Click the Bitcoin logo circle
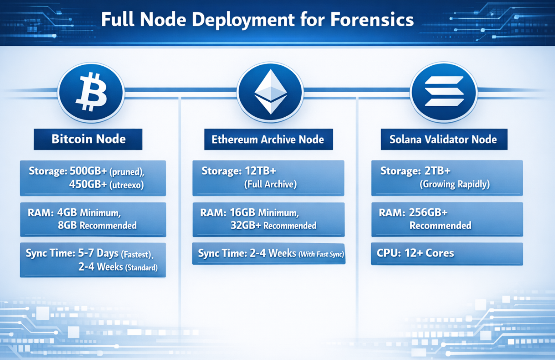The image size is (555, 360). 91,92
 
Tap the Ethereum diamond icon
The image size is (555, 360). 270,92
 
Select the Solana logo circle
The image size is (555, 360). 444,92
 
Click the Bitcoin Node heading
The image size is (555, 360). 88,139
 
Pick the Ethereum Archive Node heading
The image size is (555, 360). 268,140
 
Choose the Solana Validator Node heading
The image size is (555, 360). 443,140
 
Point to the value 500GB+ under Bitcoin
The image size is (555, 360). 88,171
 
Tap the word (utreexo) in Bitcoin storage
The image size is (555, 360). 127,185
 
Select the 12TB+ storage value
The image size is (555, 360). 260,171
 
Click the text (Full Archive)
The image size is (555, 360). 270,184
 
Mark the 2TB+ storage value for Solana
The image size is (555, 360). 437,171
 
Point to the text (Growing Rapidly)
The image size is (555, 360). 455,184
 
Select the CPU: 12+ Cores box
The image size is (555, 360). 447,254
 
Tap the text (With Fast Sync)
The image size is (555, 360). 321,255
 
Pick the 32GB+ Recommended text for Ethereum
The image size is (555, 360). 273,225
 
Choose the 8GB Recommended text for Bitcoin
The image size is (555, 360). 97,225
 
